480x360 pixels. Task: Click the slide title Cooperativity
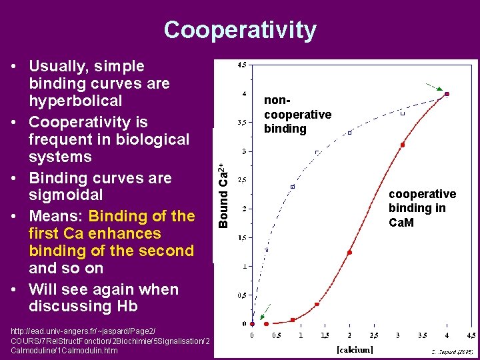pos(240,30)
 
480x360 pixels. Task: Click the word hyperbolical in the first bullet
pos(75,101)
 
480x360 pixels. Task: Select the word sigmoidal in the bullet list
pos(66,195)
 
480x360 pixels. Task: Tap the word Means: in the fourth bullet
pos(56,216)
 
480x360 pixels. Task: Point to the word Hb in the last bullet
pos(125,307)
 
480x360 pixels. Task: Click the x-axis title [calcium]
pos(354,349)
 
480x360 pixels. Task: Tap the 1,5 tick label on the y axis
pos(243,237)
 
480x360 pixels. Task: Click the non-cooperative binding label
pos(297,114)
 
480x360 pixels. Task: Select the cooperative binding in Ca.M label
pos(422,207)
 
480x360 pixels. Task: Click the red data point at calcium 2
pos(349,253)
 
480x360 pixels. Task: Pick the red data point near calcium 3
pos(402,145)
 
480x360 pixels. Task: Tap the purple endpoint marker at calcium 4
pos(447,94)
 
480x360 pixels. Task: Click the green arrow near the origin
pos(265,312)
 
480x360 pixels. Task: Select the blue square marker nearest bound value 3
pos(317,153)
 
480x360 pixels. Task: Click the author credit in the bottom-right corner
pos(452,350)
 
